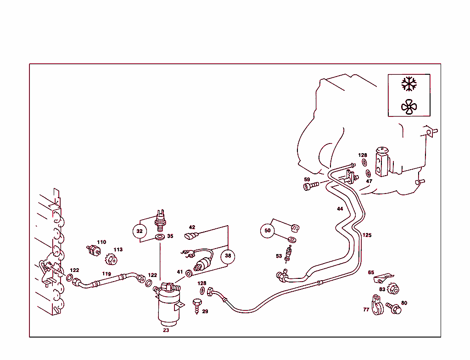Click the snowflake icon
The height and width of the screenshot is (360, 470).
click(409, 84)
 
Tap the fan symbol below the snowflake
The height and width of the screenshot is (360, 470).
click(409, 107)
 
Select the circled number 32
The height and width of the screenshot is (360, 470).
click(140, 231)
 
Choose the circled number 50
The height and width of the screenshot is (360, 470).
click(268, 230)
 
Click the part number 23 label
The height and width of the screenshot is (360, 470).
click(166, 330)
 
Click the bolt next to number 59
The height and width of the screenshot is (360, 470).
click(311, 186)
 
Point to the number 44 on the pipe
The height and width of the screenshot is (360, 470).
click(340, 209)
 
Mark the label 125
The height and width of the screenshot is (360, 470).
click(367, 235)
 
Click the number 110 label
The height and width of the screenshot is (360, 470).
click(101, 242)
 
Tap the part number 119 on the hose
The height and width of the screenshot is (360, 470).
click(106, 274)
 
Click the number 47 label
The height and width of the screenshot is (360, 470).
click(369, 181)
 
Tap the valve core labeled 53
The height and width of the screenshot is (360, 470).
click(288, 254)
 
